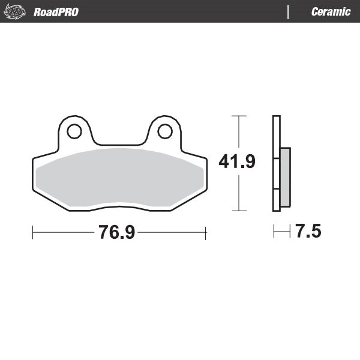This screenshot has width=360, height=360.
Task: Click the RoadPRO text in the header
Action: pyautogui.click(x=56, y=12)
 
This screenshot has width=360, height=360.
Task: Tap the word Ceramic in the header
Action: pyautogui.click(x=331, y=12)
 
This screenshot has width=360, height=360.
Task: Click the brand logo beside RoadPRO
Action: pyautogui.click(x=16, y=11)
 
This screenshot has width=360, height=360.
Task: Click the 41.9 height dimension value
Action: pyautogui.click(x=237, y=162)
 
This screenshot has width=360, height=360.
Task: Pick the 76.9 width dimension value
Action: pyautogui.click(x=117, y=233)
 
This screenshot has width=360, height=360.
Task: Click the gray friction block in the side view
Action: pyautogui.click(x=285, y=177)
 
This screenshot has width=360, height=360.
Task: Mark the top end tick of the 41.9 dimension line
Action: pyautogui.click(x=239, y=115)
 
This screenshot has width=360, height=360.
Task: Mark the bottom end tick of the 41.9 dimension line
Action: pyautogui.click(x=239, y=211)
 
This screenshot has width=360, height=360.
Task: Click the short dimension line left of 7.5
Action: pyautogui.click(x=281, y=232)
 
